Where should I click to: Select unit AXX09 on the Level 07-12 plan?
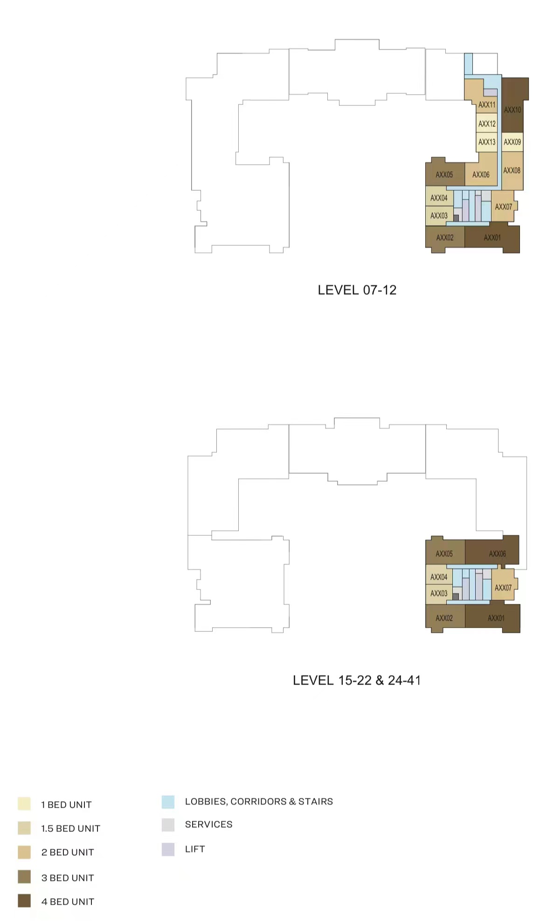[x=512, y=142]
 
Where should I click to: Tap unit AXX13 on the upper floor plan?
[x=487, y=142]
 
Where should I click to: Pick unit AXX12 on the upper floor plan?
[x=487, y=124]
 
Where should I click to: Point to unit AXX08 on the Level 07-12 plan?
[x=512, y=171]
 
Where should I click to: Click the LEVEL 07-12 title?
[x=357, y=290]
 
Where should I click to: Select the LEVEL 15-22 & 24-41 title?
[x=357, y=680]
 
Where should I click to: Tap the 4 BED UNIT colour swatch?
[x=24, y=900]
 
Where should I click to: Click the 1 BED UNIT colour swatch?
[x=24, y=803]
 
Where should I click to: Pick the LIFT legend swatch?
[x=168, y=849]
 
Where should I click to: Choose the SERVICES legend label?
[x=209, y=824]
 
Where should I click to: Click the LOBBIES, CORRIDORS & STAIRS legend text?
[x=259, y=802]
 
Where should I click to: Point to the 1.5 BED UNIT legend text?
[x=71, y=829]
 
